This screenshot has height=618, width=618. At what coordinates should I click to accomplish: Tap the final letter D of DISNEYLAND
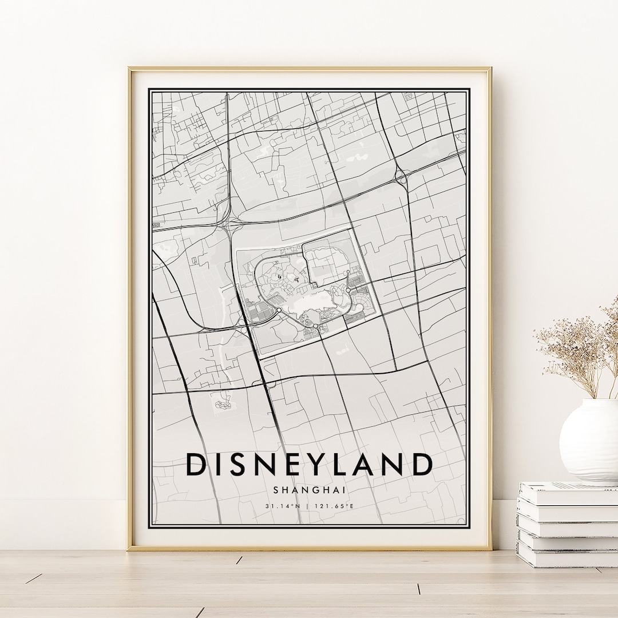421,464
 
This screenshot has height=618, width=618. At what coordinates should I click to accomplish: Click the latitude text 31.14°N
283,506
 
